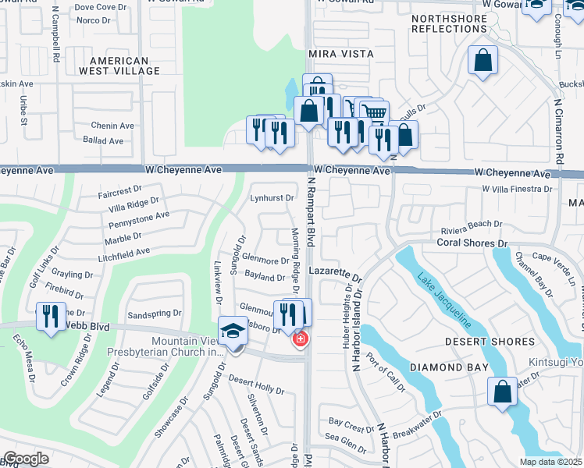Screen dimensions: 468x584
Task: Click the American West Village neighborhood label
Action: [x=119, y=66]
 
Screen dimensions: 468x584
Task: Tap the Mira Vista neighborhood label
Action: [x=340, y=54]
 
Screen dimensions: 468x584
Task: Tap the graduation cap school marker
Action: [x=233, y=331]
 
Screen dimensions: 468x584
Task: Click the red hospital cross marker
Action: [x=299, y=339]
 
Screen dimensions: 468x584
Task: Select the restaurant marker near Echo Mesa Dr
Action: [x=51, y=316]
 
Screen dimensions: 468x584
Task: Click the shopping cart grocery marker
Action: [x=375, y=113]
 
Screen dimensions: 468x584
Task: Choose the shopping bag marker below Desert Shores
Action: [x=503, y=392]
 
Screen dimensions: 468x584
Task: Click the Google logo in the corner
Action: [x=26, y=459]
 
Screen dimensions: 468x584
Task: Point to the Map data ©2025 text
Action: [x=550, y=462]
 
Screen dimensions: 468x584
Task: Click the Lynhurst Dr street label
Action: [x=271, y=198]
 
